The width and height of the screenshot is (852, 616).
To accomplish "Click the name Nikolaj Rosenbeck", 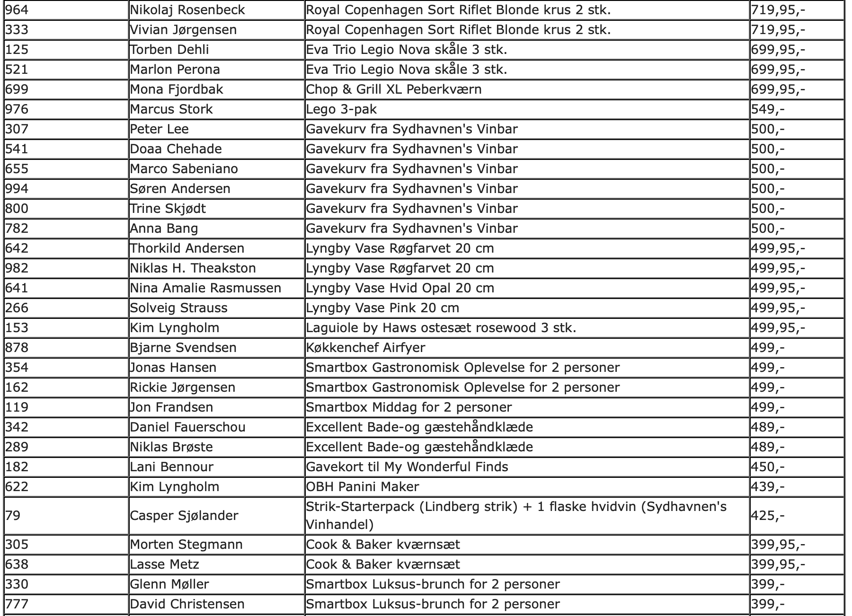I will click(x=187, y=10).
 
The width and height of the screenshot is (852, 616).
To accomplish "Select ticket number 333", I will click(x=17, y=30).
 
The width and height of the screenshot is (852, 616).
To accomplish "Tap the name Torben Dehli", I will click(x=169, y=50).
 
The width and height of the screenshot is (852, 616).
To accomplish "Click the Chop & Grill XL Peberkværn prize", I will click(x=394, y=89).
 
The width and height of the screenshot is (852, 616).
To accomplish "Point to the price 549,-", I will click(x=768, y=109).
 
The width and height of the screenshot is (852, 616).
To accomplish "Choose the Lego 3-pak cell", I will click(x=341, y=109).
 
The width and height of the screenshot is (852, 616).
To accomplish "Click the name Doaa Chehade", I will click(x=176, y=149).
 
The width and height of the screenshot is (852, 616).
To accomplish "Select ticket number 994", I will click(x=17, y=189).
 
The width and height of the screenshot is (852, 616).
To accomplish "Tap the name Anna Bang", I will click(x=164, y=229).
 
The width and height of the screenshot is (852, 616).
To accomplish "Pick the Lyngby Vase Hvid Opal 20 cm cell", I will click(x=400, y=288).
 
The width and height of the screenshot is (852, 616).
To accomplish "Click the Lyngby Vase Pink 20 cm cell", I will click(x=382, y=308).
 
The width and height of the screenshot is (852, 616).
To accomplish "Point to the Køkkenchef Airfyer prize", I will click(x=365, y=348).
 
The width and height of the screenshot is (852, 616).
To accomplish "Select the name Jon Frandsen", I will click(x=171, y=407).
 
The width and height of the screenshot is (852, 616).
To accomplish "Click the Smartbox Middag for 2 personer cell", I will click(x=409, y=407).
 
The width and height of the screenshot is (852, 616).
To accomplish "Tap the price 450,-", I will click(x=768, y=467).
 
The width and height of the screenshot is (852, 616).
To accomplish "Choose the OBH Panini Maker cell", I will click(x=363, y=487).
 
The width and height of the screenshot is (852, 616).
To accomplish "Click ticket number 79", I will click(x=13, y=515).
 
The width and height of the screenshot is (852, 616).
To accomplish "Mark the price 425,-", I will click(x=768, y=515).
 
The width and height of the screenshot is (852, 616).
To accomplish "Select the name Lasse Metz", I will click(x=164, y=564).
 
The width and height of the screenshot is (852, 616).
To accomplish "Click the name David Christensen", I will click(x=187, y=604).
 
